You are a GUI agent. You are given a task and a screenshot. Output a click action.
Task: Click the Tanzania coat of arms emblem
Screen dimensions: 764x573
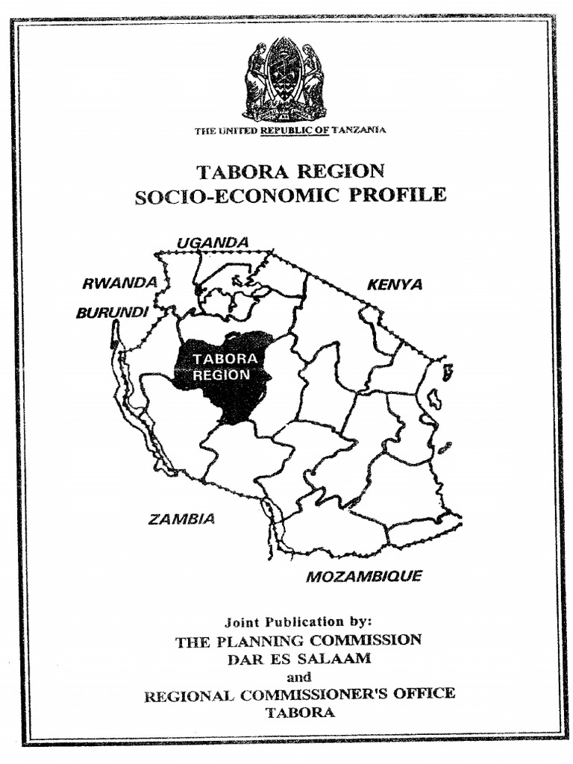click(284, 79)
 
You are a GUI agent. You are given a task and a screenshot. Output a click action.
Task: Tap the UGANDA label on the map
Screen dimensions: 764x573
click(213, 242)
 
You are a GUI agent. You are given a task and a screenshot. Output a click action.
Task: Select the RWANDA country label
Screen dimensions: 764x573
click(119, 284)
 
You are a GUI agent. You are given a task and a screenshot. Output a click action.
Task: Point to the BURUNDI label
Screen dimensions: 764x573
click(112, 313)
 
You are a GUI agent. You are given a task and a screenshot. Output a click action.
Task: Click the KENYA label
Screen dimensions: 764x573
click(395, 284)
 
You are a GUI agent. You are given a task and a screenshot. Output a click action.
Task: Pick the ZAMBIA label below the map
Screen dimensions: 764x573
click(181, 519)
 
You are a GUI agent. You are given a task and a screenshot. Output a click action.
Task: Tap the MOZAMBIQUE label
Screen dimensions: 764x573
click(364, 576)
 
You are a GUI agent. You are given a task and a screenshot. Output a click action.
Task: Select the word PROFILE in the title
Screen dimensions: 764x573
click(398, 195)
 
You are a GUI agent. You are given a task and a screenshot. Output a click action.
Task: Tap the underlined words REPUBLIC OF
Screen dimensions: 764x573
click(294, 130)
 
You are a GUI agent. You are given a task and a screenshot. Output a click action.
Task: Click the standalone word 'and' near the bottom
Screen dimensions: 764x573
click(298, 677)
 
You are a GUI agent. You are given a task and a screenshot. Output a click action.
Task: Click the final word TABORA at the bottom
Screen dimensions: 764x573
click(300, 712)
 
